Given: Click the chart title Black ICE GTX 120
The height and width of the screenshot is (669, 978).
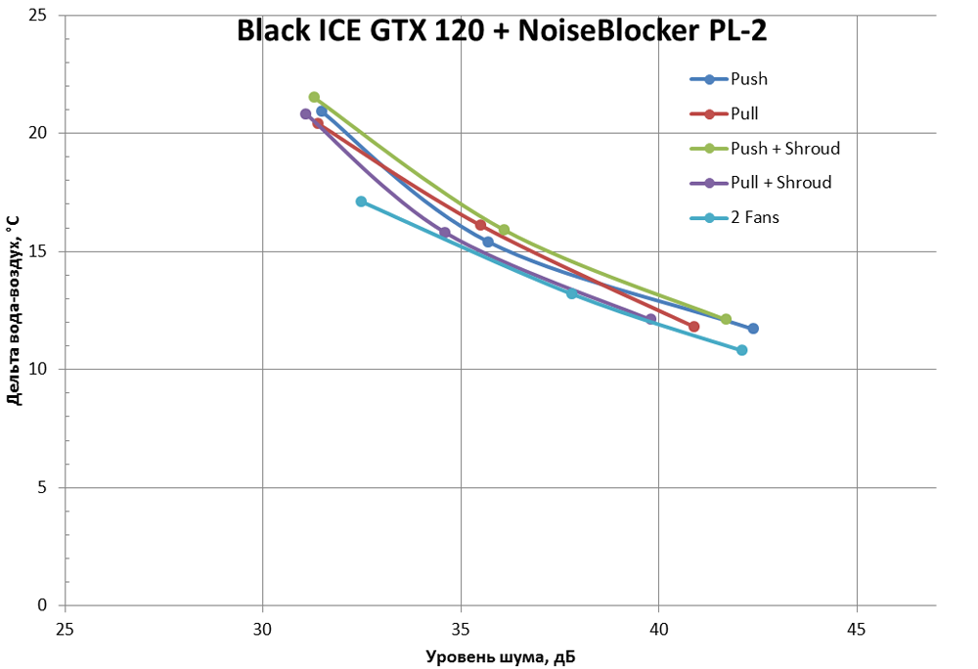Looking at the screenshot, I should click(501, 31).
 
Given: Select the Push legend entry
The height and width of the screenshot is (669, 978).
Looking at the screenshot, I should click(749, 79).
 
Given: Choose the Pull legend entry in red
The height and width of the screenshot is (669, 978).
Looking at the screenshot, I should click(744, 113).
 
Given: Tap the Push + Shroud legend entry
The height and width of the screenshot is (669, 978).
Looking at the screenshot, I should click(785, 149).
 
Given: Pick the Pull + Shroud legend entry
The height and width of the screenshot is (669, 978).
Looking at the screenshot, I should click(780, 183).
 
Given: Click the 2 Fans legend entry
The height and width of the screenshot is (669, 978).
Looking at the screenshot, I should click(755, 217).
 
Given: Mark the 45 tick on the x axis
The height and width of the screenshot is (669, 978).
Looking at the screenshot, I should click(857, 628).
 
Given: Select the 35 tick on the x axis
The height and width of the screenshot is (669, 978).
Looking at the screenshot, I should click(461, 628).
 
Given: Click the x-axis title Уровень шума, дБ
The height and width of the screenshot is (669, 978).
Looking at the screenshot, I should click(500, 655).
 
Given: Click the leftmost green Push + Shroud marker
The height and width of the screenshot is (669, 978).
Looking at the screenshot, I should click(314, 97).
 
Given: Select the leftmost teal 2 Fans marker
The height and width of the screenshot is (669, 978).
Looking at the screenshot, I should click(362, 201).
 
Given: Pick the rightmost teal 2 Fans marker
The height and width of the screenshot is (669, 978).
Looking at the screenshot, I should click(741, 350).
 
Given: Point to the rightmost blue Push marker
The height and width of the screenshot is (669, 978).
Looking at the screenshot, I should click(753, 329).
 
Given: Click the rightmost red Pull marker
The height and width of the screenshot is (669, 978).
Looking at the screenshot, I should click(694, 327).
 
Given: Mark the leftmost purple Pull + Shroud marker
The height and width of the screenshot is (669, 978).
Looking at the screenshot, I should click(306, 113).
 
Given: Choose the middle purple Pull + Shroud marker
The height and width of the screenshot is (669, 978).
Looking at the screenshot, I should click(445, 233).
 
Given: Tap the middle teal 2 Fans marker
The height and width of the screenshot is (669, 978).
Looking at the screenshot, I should click(572, 293).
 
